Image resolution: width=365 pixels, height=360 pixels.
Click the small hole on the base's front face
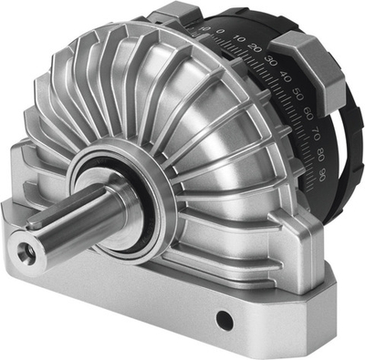point(223,320)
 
